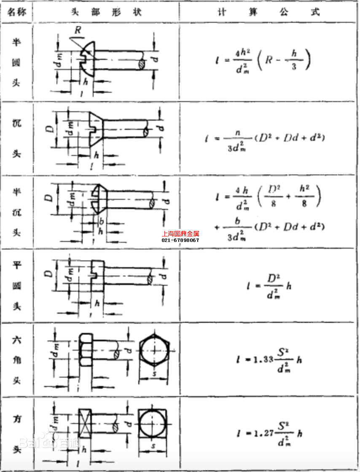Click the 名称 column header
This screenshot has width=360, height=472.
pos(17,11)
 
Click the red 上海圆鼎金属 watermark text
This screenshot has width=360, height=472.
pos(180,233)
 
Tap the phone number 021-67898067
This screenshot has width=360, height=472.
pos(180,240)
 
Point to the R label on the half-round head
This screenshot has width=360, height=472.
pos(78,30)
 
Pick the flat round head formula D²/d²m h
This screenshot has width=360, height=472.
pos(269,286)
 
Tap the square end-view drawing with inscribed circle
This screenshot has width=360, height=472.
pos(153,424)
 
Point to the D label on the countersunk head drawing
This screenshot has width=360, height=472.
pos(50,129)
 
